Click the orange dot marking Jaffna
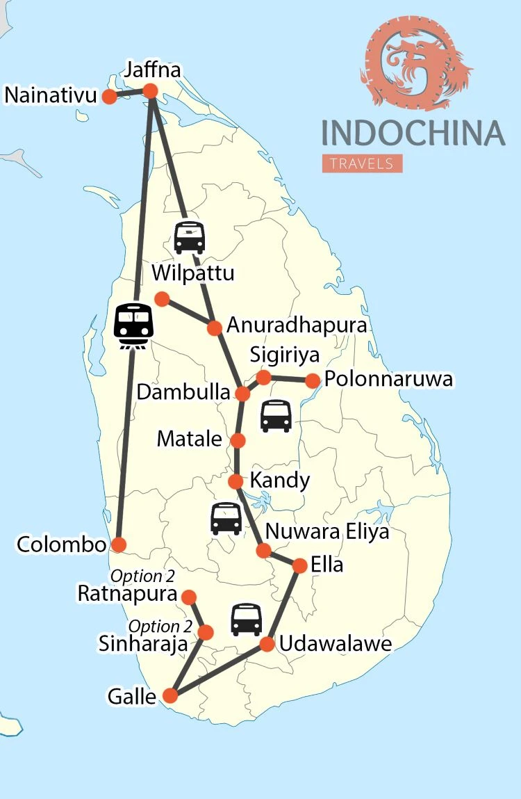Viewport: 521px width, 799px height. tap(150, 91)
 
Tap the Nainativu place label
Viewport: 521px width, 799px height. tap(50, 95)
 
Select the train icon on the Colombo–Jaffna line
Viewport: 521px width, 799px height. tap(133, 325)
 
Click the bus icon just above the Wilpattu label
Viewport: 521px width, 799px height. tap(189, 237)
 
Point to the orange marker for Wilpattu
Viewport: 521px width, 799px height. tap(162, 299)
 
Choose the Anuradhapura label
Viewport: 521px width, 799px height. tap(297, 325)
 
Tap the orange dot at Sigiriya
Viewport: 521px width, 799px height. tap(263, 378)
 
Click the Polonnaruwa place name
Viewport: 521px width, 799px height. tap(389, 379)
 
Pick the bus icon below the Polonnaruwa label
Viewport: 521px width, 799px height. tap(275, 416)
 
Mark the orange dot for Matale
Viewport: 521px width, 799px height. tap(238, 440)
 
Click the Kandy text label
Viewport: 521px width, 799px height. tap(279, 481)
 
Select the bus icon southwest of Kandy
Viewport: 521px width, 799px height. tap(226, 518)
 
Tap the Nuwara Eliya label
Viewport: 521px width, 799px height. tap(327, 533)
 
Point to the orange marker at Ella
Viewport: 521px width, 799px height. tap(299, 565)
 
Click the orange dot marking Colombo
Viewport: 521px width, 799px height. tap(119, 544)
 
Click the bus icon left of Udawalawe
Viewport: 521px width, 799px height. tap(246, 619)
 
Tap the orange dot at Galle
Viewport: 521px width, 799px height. tap(169, 695)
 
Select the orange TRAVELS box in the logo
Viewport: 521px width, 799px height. tap(362, 163)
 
